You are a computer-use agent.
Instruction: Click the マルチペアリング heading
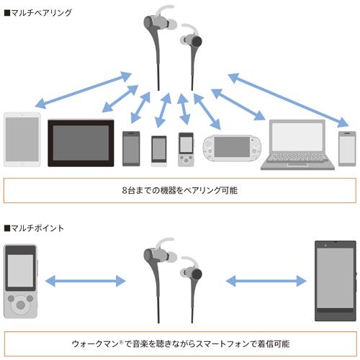(38, 12)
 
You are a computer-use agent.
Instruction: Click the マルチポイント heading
(35, 228)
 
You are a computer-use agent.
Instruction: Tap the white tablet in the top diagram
(22, 140)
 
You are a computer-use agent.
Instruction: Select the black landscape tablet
(81, 143)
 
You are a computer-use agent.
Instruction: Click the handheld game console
(232, 148)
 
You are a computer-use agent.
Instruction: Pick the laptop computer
(297, 145)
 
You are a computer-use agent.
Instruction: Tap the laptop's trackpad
(297, 165)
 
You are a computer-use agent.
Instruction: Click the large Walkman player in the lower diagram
(21, 282)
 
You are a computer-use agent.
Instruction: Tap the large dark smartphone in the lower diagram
(336, 281)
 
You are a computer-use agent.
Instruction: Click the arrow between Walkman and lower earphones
(86, 281)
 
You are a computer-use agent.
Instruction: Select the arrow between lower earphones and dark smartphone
(266, 281)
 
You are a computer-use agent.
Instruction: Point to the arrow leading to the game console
(207, 112)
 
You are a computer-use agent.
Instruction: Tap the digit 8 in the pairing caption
(125, 190)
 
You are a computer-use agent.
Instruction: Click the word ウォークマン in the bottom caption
(95, 344)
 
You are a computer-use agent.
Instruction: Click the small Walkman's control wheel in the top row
(186, 160)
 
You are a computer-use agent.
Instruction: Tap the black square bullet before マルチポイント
(7, 228)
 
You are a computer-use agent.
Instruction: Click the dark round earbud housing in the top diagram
(197, 41)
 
